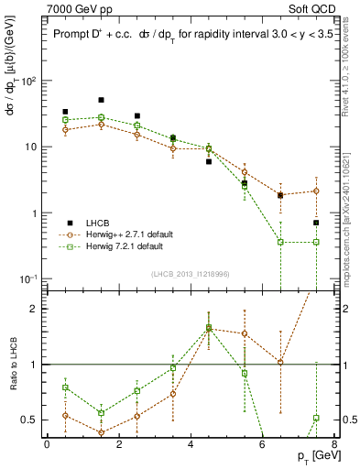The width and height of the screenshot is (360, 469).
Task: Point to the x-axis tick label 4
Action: click(191, 444)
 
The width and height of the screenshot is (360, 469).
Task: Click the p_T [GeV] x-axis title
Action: click(311, 455)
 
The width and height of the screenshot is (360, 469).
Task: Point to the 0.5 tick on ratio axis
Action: click(31, 420)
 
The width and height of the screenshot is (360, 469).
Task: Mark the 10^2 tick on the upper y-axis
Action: click(27, 81)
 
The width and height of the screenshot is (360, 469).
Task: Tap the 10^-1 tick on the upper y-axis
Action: click(27, 278)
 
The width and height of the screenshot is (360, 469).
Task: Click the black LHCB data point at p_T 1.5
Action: click(101, 100)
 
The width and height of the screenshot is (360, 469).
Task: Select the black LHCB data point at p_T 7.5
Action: click(316, 223)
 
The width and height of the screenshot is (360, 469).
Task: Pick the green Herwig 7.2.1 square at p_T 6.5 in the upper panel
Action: click(280, 242)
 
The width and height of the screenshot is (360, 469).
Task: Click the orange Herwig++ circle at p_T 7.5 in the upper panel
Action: click(316, 191)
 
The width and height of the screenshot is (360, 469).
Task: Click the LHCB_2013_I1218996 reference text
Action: click(189, 274)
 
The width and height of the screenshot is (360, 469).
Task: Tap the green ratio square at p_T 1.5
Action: click(101, 413)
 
